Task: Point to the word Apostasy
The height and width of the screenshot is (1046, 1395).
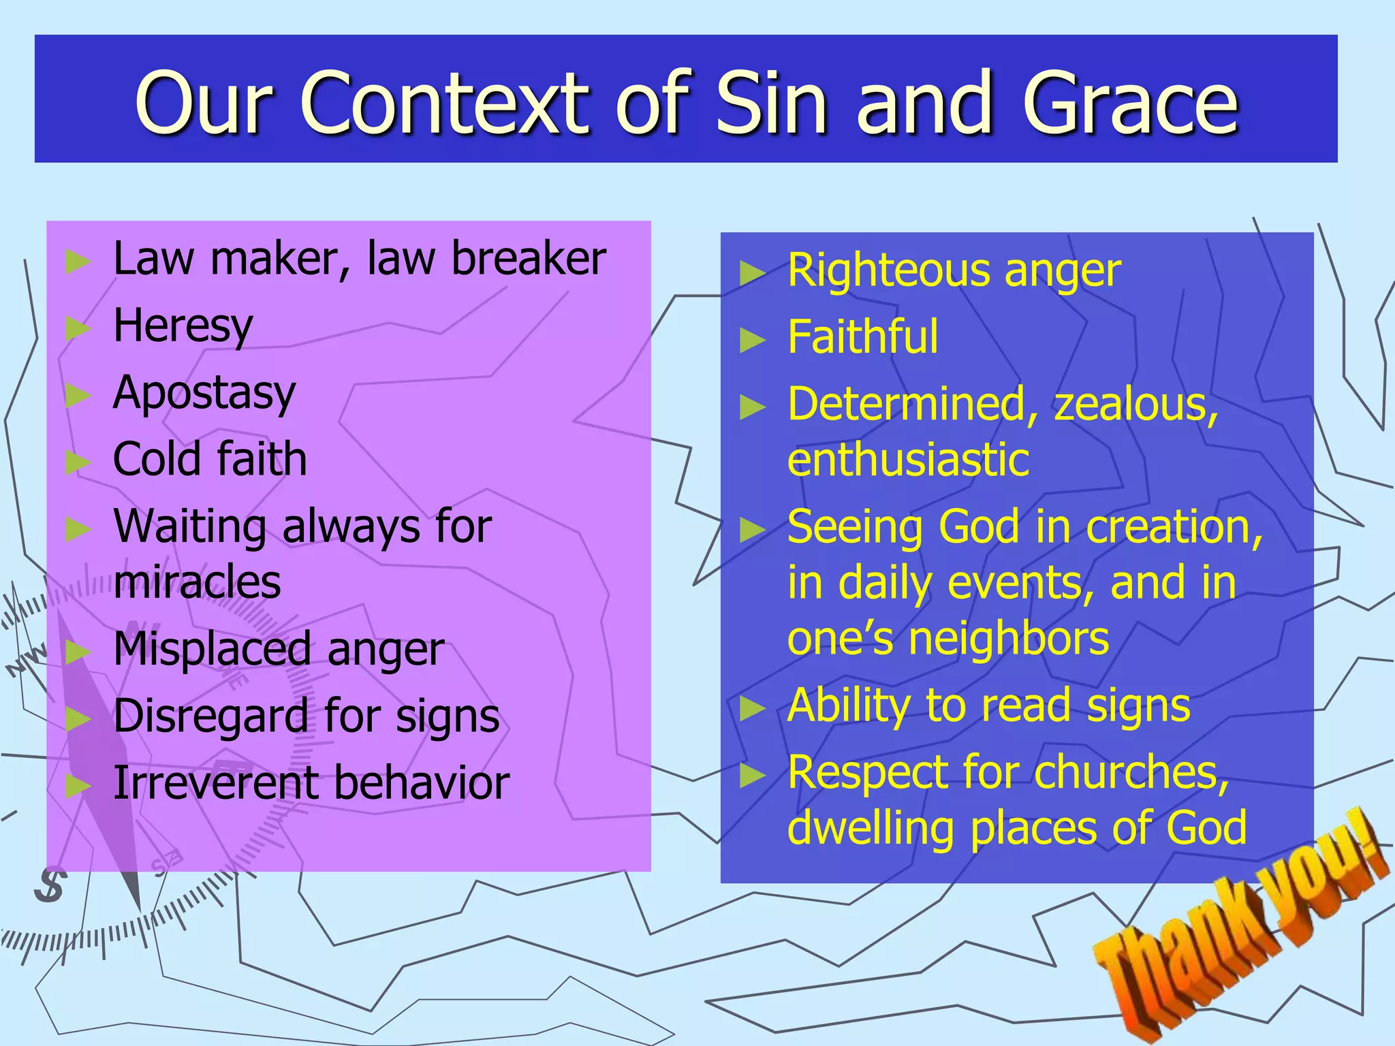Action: pos(204,394)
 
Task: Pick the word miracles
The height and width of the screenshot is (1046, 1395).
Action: pos(198,583)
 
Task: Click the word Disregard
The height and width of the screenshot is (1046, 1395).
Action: pos(211,716)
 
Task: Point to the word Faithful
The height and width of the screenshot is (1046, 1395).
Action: pos(863,337)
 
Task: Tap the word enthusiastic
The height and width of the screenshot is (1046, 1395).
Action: pos(908,460)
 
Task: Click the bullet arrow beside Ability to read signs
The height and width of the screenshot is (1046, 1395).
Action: pos(753,708)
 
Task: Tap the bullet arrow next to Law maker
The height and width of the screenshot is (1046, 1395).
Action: pos(78,261)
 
